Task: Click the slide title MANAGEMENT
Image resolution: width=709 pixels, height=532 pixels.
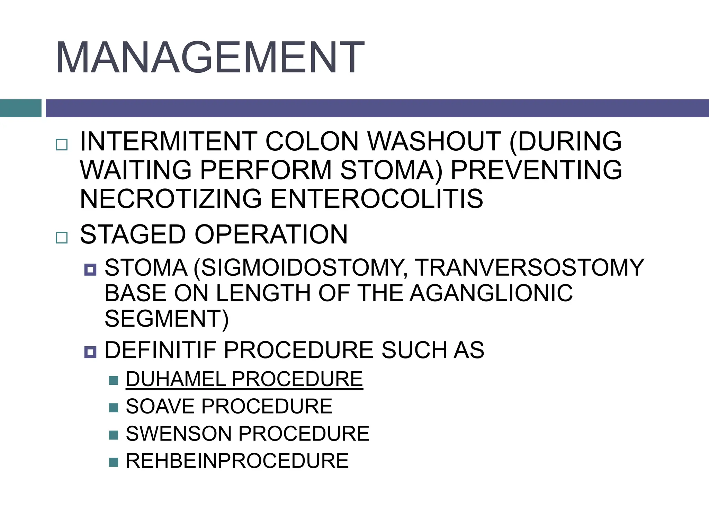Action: coord(210,57)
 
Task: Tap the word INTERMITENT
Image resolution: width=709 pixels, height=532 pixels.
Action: coord(168,141)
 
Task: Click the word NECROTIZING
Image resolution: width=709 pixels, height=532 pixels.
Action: coord(171,199)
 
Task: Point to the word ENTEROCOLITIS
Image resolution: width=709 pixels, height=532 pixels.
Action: coord(377,199)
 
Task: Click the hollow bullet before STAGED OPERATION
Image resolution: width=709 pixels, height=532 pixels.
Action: coord(62,238)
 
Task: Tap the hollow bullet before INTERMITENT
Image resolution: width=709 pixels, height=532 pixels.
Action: coord(62,144)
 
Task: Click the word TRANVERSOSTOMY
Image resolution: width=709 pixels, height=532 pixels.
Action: coord(530,268)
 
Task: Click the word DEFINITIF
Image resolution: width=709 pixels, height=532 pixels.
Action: coord(160,350)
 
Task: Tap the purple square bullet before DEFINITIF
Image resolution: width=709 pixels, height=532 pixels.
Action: coord(90,353)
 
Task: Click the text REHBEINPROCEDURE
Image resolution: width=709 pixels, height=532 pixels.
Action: coord(237,461)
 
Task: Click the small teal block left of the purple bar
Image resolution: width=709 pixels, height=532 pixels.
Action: coord(20,108)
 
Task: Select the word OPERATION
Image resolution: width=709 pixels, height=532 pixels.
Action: coord(271,234)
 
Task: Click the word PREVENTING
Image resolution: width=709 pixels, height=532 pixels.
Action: coord(536,170)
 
